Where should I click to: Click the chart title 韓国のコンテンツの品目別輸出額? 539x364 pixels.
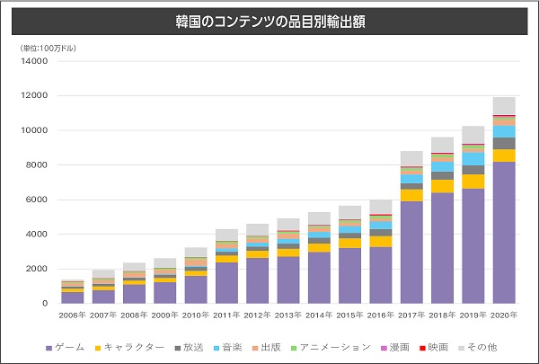(x=270, y=19)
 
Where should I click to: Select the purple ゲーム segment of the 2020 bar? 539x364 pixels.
(x=504, y=234)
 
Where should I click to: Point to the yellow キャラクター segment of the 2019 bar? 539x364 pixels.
(x=473, y=182)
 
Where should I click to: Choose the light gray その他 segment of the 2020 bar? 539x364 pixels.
(x=504, y=106)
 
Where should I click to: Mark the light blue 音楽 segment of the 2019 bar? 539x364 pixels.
(x=473, y=159)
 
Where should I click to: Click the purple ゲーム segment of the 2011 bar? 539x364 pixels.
(x=227, y=283)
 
